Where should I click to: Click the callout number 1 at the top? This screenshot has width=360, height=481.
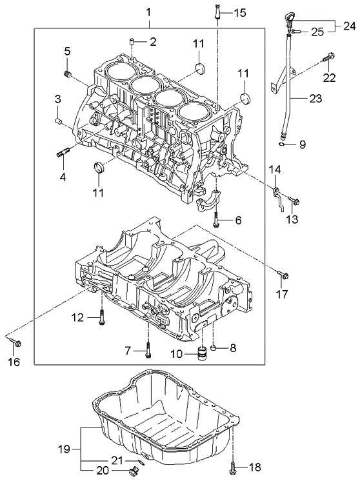tap(148, 12)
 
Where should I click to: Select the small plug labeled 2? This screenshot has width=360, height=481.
tap(132, 43)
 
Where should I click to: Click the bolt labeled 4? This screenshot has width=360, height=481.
tap(63, 153)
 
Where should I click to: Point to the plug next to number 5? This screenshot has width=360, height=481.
tap(67, 77)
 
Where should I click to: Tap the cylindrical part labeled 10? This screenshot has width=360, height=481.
tap(201, 353)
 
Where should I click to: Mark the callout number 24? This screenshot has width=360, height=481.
tap(348, 26)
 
